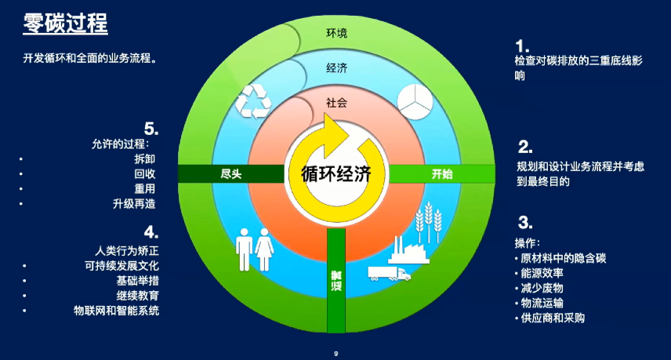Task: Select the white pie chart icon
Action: (416, 101)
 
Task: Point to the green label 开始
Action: (442, 174)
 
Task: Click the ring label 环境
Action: (336, 33)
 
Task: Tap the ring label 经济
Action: (336, 67)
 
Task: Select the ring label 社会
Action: (336, 102)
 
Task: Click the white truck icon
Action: (389, 272)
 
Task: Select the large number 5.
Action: (151, 128)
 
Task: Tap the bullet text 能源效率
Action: (542, 272)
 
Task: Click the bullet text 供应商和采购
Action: (552, 318)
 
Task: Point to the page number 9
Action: (335, 354)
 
